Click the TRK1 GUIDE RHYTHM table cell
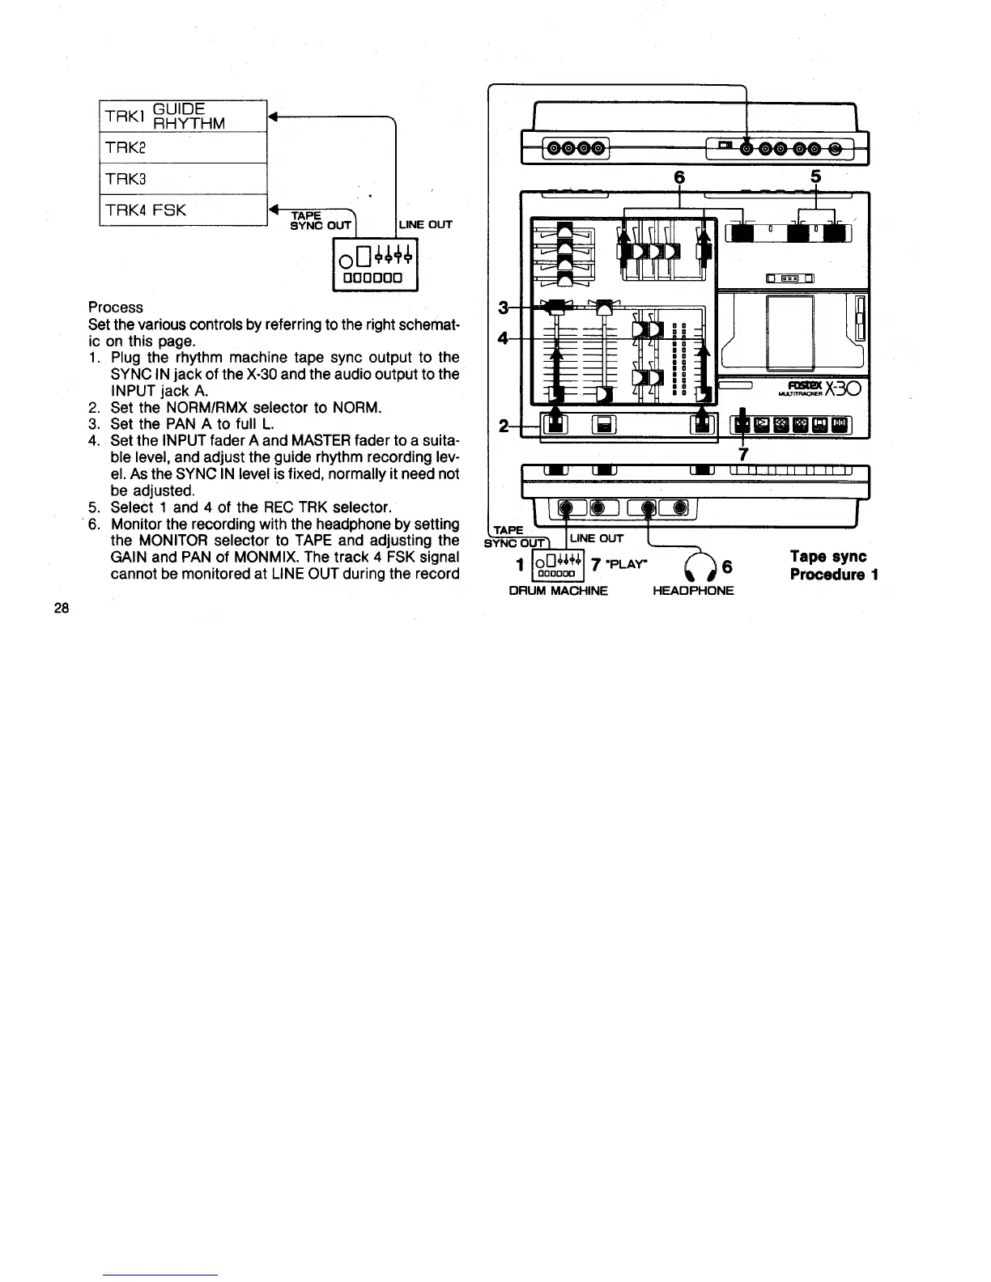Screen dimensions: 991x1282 (x=183, y=115)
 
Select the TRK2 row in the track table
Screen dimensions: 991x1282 (x=183, y=147)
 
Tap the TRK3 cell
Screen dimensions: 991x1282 (x=183, y=178)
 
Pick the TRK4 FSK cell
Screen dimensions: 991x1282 (x=183, y=210)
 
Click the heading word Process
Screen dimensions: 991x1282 (x=116, y=308)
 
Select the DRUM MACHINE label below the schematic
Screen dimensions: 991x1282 (x=558, y=591)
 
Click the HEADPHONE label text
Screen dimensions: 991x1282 (x=693, y=591)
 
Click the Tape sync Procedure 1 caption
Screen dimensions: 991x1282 (x=834, y=566)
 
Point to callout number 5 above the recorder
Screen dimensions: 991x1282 (x=815, y=177)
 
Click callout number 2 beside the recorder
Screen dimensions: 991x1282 (x=504, y=426)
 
